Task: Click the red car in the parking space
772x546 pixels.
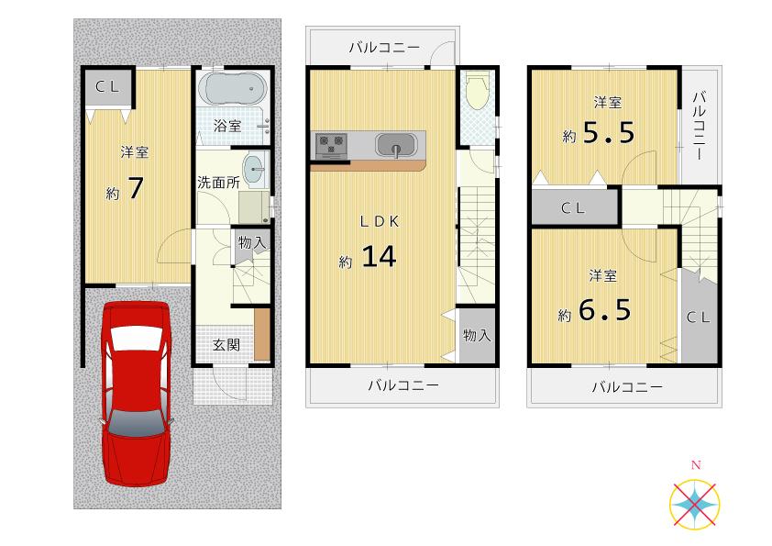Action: click(136, 393)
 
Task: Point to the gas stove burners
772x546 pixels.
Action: click(331, 144)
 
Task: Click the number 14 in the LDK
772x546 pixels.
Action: click(377, 257)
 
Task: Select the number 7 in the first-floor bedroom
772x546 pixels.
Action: click(135, 189)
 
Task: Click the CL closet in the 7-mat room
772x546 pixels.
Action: click(106, 87)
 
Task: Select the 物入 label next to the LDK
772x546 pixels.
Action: click(477, 336)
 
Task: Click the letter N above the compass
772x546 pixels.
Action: click(695, 466)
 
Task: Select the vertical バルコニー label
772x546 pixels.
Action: click(700, 126)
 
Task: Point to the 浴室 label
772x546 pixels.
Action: click(227, 126)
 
